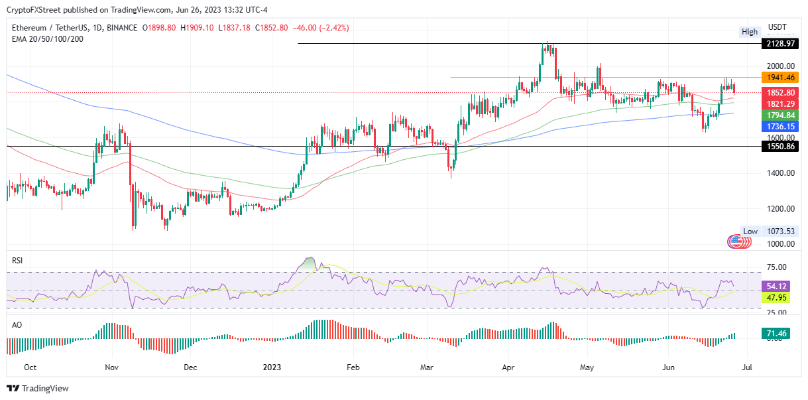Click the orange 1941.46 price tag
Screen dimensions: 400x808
pyautogui.click(x=780, y=78)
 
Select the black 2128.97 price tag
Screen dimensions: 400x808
pyautogui.click(x=780, y=43)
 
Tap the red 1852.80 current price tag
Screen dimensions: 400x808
pyautogui.click(x=780, y=93)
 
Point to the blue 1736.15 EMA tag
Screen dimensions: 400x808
pyautogui.click(x=780, y=125)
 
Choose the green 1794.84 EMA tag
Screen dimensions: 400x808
pyautogui.click(x=780, y=115)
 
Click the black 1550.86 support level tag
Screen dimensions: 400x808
pyautogui.click(x=780, y=146)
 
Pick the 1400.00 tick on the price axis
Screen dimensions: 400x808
pyautogui.click(x=780, y=173)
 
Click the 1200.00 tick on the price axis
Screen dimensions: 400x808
pyautogui.click(x=780, y=209)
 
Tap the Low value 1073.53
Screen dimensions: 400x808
pyautogui.click(x=780, y=232)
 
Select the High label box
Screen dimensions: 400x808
pyautogui.click(x=750, y=32)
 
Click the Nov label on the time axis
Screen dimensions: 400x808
pyautogui.click(x=111, y=366)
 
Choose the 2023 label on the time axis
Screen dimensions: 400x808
pyautogui.click(x=272, y=366)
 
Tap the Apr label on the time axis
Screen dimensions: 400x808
pyautogui.click(x=509, y=366)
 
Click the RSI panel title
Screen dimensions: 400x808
pyautogui.click(x=17, y=261)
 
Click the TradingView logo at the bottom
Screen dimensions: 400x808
pyautogui.click(x=38, y=388)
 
